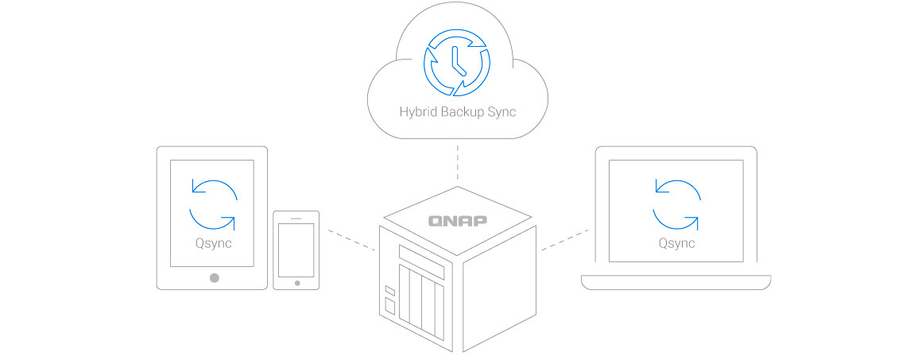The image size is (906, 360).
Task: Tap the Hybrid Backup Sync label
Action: [x=457, y=111]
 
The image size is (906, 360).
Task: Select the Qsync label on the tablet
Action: [x=213, y=243]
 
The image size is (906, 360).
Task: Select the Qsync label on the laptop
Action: [x=676, y=243]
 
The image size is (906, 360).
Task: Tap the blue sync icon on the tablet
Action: [x=213, y=205]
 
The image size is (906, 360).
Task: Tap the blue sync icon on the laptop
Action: [x=676, y=205]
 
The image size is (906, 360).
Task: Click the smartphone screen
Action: [x=296, y=249]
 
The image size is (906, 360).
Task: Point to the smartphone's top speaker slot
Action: [x=296, y=218]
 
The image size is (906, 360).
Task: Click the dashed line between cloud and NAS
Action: [x=457, y=163]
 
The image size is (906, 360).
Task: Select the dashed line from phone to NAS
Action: [x=348, y=241]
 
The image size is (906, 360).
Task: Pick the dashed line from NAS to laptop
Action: [x=566, y=241]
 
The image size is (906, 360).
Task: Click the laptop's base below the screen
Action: [x=676, y=282]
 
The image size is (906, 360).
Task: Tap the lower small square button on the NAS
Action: [x=389, y=305]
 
